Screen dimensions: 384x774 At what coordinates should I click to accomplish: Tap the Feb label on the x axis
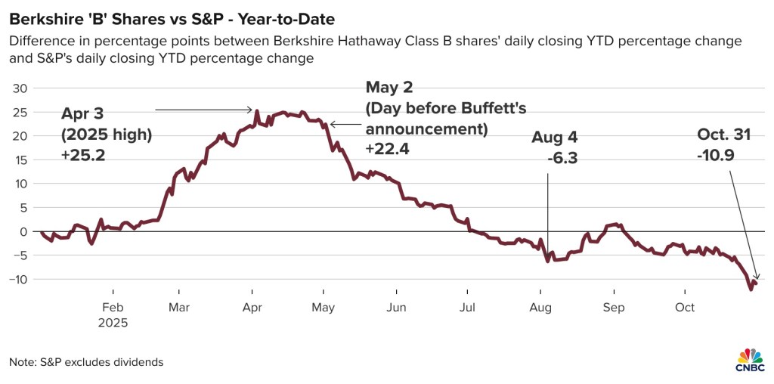(x=112, y=308)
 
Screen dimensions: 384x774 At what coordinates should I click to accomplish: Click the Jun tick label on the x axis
(x=396, y=308)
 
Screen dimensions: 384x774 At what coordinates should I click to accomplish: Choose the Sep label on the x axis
(x=614, y=308)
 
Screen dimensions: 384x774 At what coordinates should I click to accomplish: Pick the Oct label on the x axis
(x=685, y=308)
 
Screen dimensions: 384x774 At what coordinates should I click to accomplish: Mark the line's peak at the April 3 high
(x=257, y=111)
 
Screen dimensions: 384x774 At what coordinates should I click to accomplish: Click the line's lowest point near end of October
(x=751, y=289)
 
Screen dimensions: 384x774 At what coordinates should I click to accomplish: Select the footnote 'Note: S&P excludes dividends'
(x=86, y=362)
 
